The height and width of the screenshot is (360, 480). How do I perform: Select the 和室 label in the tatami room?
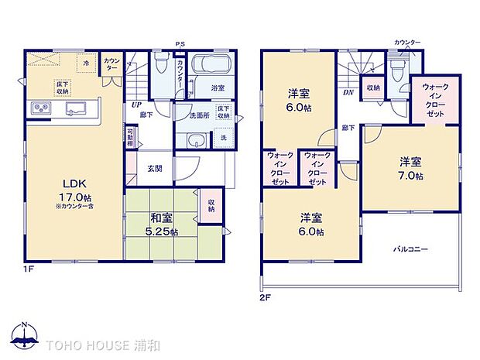pos(162,219)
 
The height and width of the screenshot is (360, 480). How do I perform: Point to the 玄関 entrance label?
pos(154,168)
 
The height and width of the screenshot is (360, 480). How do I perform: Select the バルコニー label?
pos(410,249)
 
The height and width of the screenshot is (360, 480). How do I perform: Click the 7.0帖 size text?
pos(410,176)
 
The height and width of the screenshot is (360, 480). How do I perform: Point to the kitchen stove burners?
pos(40,107)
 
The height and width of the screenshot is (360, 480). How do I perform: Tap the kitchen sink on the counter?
pos(75,107)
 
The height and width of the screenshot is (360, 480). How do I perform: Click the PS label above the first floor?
pos(180,43)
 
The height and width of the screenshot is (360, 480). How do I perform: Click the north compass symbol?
pos(25,334)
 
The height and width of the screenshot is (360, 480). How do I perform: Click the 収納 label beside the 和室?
pos(211,205)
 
